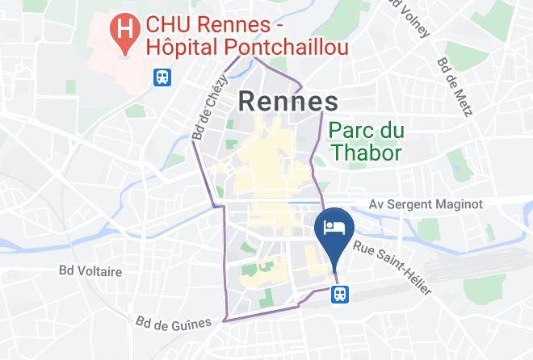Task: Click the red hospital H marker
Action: pos(125,30)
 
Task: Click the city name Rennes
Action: pos(287,102)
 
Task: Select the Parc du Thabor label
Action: pos(366,140)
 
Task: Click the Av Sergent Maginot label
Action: pos(426,204)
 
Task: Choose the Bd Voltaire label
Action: pos(90,272)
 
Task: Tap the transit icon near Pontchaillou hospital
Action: pos(162,77)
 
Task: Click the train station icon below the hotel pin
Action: pos(339,295)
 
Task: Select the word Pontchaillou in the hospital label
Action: pos(289,49)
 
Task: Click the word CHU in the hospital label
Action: pos(169,24)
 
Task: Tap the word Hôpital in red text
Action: pos(186,49)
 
